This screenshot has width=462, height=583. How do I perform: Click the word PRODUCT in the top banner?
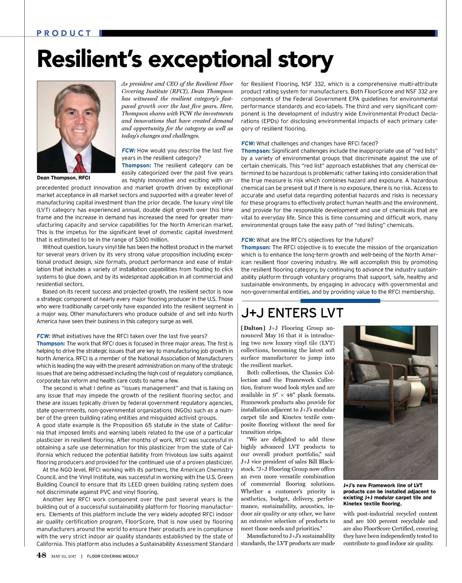(64, 33)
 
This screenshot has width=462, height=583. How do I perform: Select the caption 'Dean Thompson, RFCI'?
(63, 178)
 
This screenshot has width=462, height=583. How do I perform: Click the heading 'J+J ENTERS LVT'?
(292, 313)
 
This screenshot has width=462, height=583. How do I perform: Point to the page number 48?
(42, 555)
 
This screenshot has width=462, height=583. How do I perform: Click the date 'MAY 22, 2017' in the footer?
(63, 556)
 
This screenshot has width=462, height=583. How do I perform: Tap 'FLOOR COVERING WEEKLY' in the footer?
(113, 556)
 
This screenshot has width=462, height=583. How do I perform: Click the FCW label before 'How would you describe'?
(129, 151)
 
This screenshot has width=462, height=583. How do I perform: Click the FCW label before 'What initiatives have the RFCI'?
(43, 336)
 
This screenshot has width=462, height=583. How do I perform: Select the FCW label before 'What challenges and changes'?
(248, 143)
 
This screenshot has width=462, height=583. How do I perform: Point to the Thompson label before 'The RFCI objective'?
(256, 247)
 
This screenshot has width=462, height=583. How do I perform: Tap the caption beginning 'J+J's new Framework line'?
(389, 494)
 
